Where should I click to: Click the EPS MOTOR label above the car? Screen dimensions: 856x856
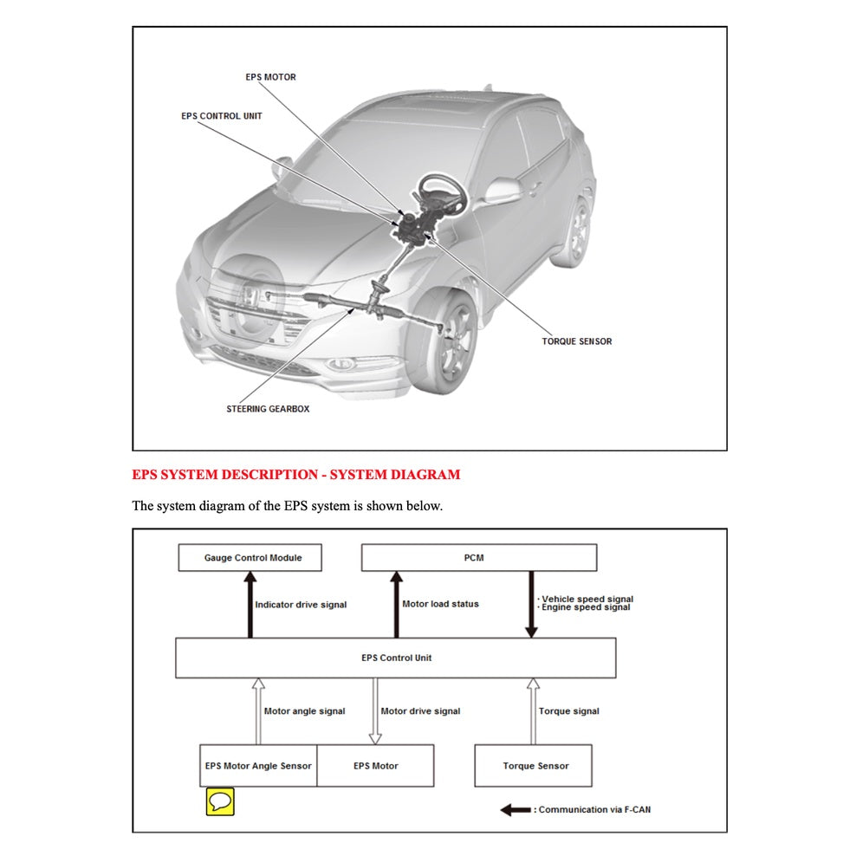[270, 77]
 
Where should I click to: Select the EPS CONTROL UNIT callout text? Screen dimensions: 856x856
[221, 116]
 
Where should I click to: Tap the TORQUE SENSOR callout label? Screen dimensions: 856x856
[576, 341]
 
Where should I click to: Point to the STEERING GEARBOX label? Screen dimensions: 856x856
[268, 409]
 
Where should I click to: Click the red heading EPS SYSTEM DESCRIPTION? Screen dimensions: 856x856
[295, 475]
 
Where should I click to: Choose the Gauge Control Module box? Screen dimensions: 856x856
[250, 558]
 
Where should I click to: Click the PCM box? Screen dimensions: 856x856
[478, 558]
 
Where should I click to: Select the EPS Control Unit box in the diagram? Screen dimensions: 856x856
[396, 658]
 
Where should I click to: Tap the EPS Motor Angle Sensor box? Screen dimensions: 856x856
[258, 766]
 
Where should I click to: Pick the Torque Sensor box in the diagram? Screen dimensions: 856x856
[535, 766]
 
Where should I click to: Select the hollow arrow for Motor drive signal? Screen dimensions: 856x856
[375, 710]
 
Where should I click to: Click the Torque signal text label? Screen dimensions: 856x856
[568, 711]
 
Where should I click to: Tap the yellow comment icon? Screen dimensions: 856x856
[220, 801]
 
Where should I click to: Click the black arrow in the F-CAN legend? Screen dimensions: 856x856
[516, 810]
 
